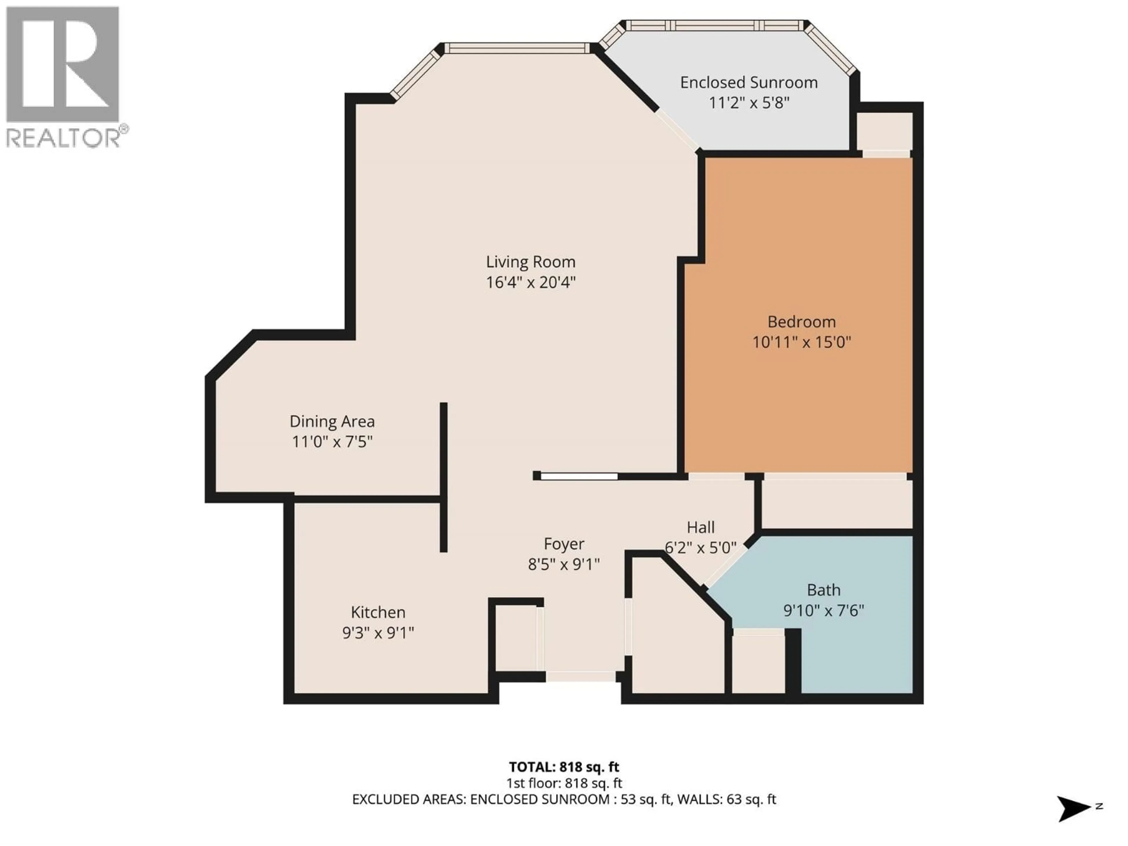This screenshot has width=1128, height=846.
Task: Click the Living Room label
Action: pyautogui.click(x=530, y=262)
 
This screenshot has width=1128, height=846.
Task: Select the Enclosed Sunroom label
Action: pyautogui.click(x=748, y=83)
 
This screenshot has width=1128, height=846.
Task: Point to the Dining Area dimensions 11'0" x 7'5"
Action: pyautogui.click(x=332, y=441)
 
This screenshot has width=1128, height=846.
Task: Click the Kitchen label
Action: pyautogui.click(x=378, y=612)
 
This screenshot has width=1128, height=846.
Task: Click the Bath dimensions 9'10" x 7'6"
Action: pyautogui.click(x=824, y=610)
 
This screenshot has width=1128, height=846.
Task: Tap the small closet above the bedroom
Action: pyautogui.click(x=884, y=131)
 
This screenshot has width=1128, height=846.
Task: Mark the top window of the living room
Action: pyautogui.click(x=517, y=48)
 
